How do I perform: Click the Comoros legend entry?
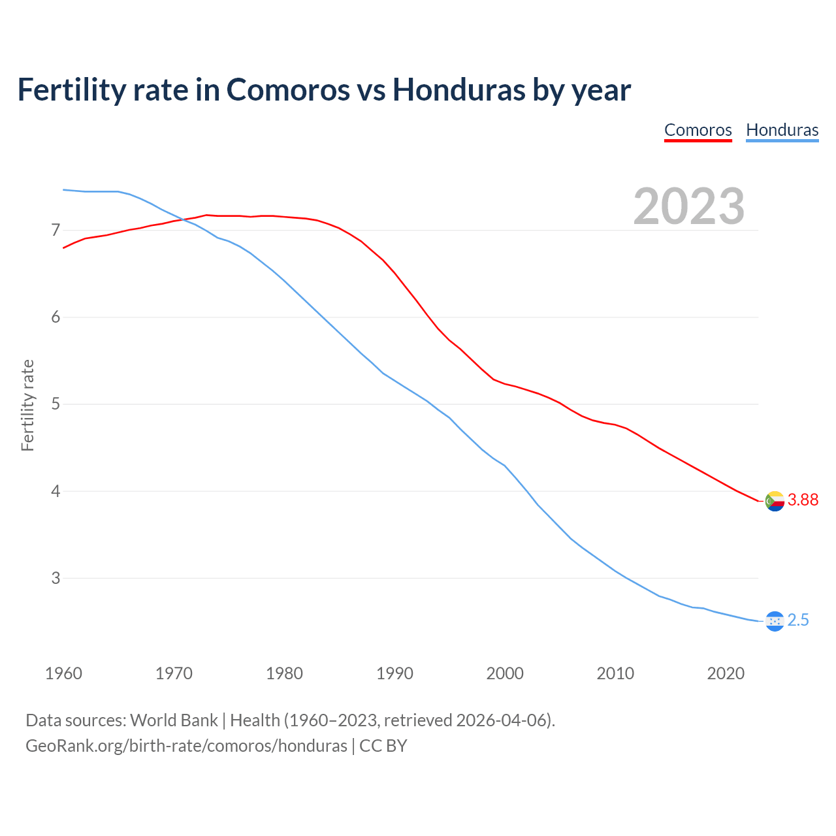click(x=698, y=130)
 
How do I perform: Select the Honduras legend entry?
click(x=782, y=130)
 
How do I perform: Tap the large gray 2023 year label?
click(x=688, y=206)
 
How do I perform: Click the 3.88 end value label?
click(x=803, y=500)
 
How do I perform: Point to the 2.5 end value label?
click(x=798, y=620)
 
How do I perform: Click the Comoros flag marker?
click(x=775, y=501)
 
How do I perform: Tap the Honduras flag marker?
click(x=775, y=621)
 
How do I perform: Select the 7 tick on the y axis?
click(x=56, y=230)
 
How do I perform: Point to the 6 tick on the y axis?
click(x=56, y=317)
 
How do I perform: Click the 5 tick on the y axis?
click(x=56, y=404)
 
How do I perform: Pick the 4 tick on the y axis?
click(x=56, y=490)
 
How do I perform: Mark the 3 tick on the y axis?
click(x=56, y=577)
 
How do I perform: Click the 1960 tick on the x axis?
click(x=63, y=673)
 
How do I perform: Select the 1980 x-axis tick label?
click(x=284, y=673)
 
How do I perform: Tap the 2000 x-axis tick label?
click(x=505, y=673)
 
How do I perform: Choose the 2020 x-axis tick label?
click(x=726, y=673)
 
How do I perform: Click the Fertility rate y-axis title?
click(x=27, y=405)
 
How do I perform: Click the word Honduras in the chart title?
click(x=458, y=89)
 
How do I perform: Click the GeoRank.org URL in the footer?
click(x=186, y=746)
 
